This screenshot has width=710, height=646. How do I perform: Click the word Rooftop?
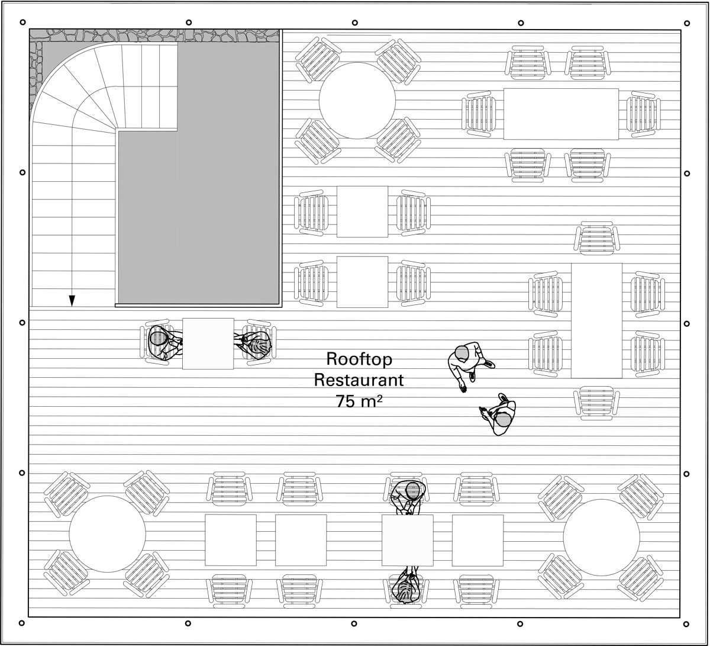359,359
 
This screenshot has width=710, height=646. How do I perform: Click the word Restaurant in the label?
359,380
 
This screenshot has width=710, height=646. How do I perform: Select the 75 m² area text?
359,401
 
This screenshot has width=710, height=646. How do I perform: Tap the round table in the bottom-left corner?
107,534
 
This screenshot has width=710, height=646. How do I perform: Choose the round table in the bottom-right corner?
601,537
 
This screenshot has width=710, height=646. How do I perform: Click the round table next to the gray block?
357,101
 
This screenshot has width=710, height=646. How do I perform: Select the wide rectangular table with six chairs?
560,114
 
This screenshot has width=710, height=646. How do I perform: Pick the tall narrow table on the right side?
596,320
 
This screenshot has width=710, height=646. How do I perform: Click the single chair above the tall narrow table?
597,238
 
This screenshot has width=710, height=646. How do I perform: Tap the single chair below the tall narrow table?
596,403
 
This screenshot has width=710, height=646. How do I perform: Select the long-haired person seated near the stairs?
256,344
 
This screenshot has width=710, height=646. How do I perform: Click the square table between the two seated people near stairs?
208,343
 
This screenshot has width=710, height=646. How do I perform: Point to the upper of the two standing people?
467,362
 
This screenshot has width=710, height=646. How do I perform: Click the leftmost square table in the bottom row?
230,539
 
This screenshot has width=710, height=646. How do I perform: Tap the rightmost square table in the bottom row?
477,539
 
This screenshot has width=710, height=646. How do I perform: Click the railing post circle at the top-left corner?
22,23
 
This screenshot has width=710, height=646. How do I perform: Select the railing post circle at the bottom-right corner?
686,624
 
